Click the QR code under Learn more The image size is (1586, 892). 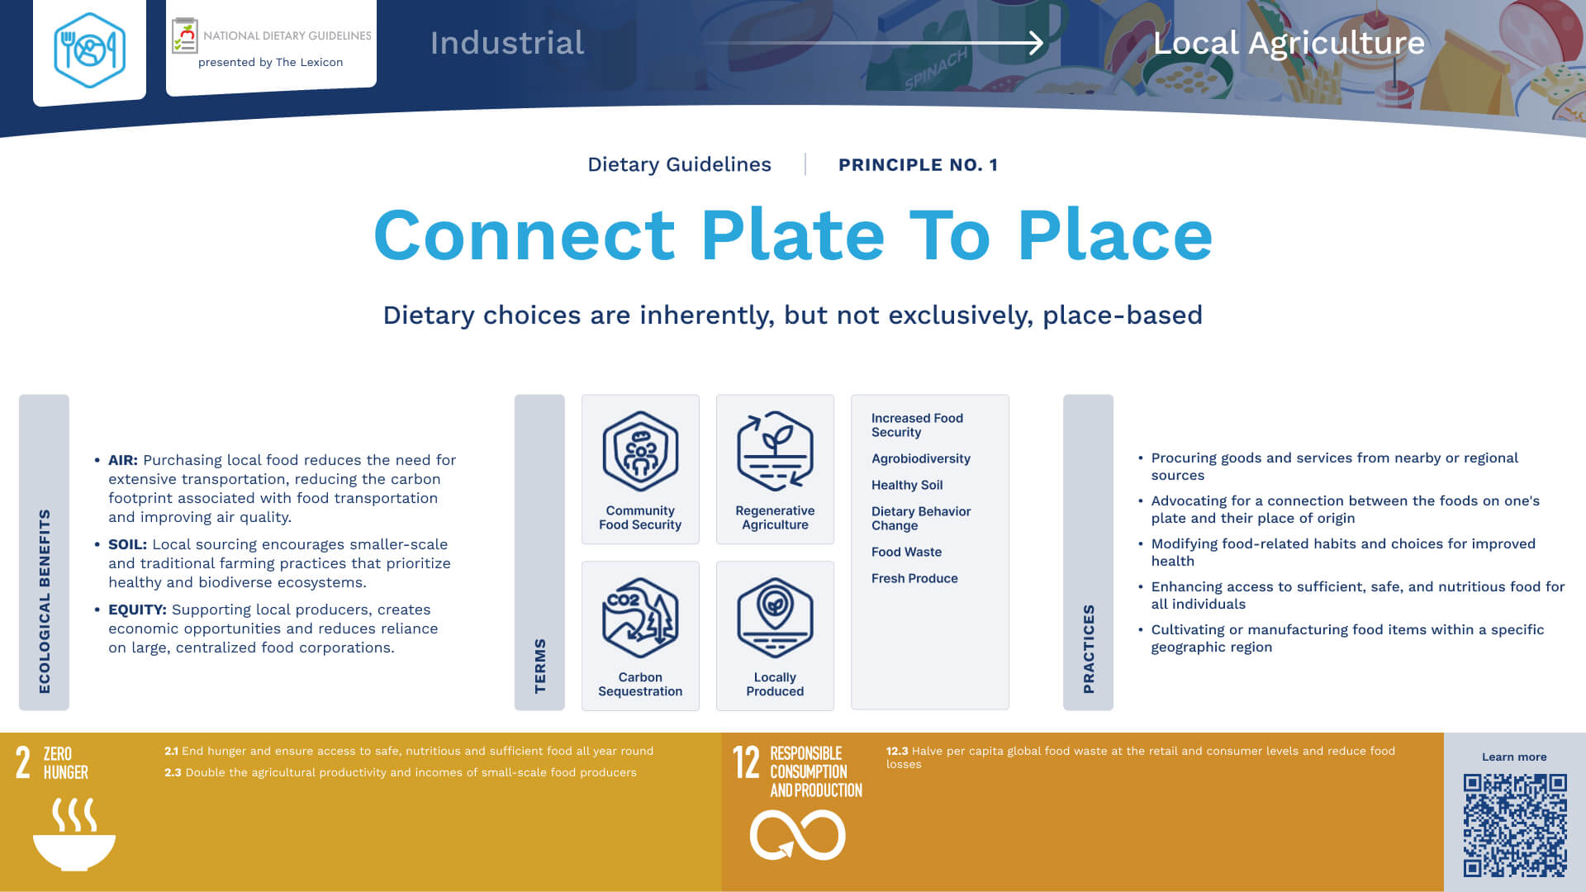click(1515, 825)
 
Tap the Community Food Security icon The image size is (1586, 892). click(640, 451)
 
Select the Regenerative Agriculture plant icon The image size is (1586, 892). click(775, 451)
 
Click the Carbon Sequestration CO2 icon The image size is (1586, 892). click(640, 618)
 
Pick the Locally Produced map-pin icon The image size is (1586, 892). click(775, 618)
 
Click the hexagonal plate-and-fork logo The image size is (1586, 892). click(89, 50)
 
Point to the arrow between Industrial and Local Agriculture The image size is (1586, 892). click(874, 43)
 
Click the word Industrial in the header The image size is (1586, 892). click(507, 43)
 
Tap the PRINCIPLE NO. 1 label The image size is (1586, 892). click(918, 165)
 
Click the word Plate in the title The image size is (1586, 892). click(793, 235)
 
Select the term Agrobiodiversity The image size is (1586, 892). click(921, 458)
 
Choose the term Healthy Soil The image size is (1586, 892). click(907, 485)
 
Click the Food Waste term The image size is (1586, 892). click(906, 552)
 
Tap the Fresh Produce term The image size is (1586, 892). click(914, 578)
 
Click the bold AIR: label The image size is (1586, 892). click(123, 460)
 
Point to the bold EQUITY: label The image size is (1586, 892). click(137, 610)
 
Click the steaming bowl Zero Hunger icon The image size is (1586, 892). click(74, 833)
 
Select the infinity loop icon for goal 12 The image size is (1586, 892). click(797, 835)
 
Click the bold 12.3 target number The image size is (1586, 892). click(897, 751)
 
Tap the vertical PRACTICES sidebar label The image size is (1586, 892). click(1089, 649)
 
